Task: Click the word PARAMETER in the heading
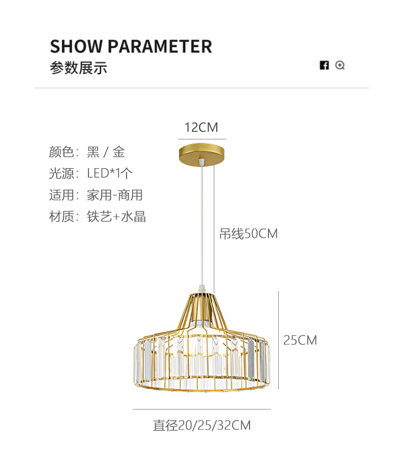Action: [160, 46]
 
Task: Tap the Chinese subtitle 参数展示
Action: [78, 68]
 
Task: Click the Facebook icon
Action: [324, 65]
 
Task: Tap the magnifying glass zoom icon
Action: [340, 65]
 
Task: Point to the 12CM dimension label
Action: [201, 127]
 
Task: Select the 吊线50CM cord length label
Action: [249, 234]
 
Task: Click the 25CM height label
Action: [300, 340]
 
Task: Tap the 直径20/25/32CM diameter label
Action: [201, 425]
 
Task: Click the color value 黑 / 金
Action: [106, 152]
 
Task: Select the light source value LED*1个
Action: [110, 173]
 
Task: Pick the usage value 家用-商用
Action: [115, 195]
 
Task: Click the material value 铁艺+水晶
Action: [117, 216]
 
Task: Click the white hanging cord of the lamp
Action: [203, 226]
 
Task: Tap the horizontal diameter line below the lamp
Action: [201, 409]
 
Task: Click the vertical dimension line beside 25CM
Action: [278, 340]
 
